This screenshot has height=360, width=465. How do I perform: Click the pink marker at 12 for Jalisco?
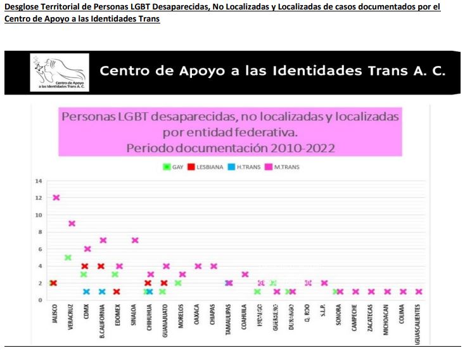pyautogui.click(x=56, y=198)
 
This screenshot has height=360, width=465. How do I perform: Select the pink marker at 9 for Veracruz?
pyautogui.click(x=72, y=224)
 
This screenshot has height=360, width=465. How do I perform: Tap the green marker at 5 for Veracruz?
pyautogui.click(x=68, y=257)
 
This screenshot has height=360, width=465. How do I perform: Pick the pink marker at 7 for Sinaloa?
pyautogui.click(x=135, y=240)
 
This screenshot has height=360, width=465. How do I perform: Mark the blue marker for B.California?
pyautogui.click(x=102, y=292)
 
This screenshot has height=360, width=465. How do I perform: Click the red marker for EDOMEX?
pyautogui.click(x=117, y=292)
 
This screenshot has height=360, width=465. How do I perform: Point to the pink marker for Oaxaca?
pyautogui.click(x=198, y=266)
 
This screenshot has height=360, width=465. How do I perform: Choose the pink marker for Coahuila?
pyautogui.click(x=245, y=274)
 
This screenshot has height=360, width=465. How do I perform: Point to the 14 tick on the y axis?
pyautogui.click(x=38, y=181)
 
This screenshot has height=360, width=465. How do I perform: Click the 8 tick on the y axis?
pyautogui.click(x=39, y=232)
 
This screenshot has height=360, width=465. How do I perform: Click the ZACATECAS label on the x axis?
pyautogui.click(x=371, y=320)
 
